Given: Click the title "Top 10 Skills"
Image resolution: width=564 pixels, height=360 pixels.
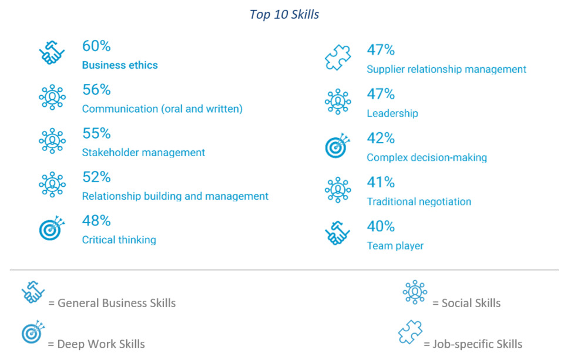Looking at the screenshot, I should [x=284, y=15].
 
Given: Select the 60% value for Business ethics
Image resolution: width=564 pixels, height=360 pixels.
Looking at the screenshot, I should [x=96, y=46].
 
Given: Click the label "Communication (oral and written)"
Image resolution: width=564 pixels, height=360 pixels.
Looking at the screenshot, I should [x=162, y=109].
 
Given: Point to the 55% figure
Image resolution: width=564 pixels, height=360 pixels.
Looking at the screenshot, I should [x=96, y=133].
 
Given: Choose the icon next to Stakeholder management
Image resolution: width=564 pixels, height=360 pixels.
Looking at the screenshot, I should [x=52, y=141].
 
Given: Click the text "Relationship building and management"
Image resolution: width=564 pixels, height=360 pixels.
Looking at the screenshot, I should [x=175, y=196].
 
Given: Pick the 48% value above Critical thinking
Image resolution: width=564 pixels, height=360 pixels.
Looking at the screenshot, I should [x=96, y=221].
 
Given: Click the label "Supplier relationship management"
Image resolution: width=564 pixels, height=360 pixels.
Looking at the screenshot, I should [x=446, y=69].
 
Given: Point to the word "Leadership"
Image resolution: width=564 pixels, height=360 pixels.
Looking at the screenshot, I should [x=392, y=113].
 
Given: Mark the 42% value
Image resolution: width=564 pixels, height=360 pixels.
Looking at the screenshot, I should [x=381, y=138].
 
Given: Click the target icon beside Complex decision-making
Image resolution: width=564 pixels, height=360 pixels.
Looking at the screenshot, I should [x=338, y=146].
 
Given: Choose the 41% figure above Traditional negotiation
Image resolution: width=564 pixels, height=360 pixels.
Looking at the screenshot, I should [x=381, y=182].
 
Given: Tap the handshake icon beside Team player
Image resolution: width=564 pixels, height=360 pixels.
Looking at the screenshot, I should [x=338, y=233].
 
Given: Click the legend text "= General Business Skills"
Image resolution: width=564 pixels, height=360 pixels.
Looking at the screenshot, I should [x=112, y=304].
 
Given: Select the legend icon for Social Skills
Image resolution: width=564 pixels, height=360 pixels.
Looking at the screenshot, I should [x=415, y=292].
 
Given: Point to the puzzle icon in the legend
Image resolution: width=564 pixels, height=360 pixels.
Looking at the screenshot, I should [x=410, y=333].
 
